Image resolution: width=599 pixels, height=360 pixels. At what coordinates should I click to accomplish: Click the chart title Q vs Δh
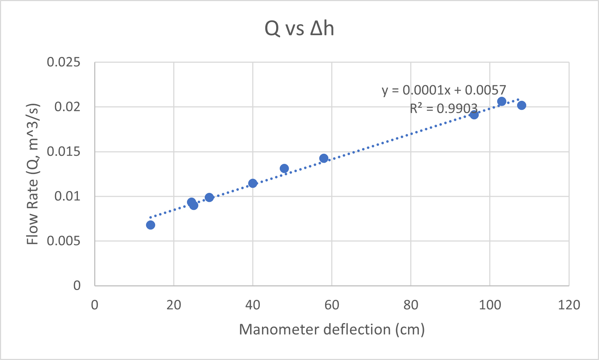point(299,29)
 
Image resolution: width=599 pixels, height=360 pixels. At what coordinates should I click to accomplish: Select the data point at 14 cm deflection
point(150,225)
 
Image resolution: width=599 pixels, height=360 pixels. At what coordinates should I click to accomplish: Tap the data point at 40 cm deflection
point(253,183)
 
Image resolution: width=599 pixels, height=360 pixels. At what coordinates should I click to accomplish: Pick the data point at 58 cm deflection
point(324,158)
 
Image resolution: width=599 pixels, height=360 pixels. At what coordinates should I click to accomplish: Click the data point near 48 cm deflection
point(284,169)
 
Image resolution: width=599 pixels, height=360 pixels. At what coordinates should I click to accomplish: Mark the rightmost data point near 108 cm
point(521,105)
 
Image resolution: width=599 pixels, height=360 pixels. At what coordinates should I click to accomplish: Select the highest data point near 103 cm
point(502,102)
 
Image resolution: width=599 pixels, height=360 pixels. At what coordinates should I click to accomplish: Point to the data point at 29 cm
point(209,198)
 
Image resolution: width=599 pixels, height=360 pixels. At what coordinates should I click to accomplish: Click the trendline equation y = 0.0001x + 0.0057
point(444,90)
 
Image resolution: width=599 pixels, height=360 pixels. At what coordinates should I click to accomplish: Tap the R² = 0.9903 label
point(444,108)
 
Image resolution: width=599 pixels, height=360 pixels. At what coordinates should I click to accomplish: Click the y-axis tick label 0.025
point(63,62)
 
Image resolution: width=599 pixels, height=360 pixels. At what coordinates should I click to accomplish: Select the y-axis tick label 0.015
point(63,152)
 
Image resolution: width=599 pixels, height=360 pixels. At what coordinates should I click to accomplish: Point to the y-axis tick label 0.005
point(63,241)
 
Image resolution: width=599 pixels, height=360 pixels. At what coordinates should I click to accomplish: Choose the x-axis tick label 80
point(411,305)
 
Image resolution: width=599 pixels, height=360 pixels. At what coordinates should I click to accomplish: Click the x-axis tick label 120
point(569,305)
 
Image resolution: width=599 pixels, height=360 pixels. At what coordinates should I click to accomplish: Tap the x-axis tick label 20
point(174,305)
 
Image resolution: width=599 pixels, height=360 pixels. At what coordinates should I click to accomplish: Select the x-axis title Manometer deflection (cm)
point(332,330)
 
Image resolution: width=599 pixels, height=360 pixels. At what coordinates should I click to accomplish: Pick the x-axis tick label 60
point(332,305)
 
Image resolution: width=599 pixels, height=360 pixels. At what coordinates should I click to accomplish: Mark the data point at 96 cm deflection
point(474,115)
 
